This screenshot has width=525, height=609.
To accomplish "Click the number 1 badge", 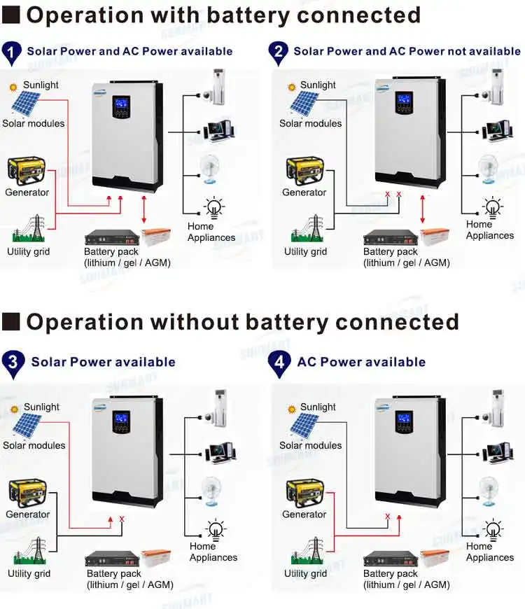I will pos(11,52).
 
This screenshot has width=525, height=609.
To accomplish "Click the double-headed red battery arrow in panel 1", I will pos(144,211).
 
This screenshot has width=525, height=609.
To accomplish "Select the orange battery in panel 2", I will pos(435,237).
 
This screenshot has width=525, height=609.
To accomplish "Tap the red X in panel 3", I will pos(122,519).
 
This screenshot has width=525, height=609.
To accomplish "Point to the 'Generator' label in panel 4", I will pos(304,514).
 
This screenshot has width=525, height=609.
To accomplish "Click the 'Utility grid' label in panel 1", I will pos(29,251).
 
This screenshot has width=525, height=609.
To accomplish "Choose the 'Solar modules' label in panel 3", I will pos(34,445).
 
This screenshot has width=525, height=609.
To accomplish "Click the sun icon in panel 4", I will pos(291,407).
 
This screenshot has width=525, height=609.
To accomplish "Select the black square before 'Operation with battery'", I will pos(11,15).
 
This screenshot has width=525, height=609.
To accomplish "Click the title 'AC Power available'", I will pos(361,362).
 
